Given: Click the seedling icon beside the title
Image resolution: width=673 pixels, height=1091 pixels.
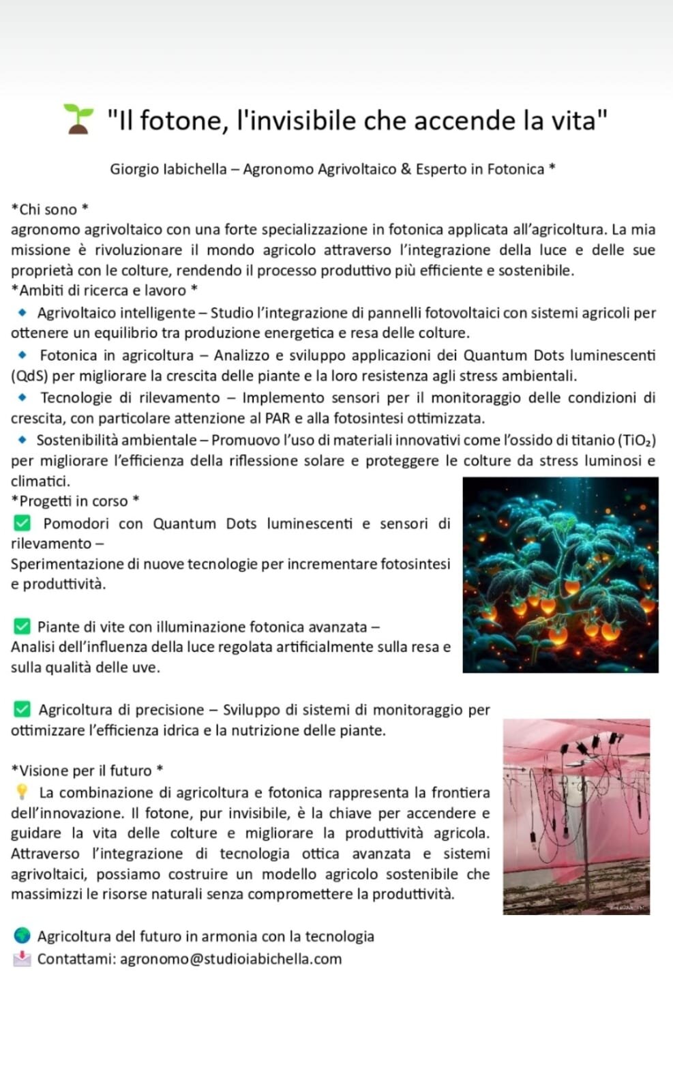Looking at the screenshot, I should point(78,119).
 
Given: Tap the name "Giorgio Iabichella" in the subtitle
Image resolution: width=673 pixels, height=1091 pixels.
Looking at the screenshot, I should point(168,169).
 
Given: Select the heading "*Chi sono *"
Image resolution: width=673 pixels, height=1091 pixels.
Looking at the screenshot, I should point(50,209).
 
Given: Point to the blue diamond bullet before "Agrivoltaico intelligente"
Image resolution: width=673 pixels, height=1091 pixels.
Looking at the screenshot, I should point(23,313).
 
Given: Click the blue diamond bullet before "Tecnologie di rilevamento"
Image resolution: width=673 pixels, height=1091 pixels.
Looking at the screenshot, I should point(23,397).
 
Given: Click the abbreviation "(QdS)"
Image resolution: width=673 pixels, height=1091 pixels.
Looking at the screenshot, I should point(29,376).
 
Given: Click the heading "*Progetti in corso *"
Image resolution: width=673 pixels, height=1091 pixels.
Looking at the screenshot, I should point(75,501).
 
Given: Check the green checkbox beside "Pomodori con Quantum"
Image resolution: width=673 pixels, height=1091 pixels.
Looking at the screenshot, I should point(22,523).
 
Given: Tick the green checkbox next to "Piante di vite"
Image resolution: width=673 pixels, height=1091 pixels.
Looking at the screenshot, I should point(22,626).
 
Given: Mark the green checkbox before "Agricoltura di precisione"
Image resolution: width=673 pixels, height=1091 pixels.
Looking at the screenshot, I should point(22,709).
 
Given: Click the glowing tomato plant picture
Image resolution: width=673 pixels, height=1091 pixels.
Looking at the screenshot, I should point(560,575).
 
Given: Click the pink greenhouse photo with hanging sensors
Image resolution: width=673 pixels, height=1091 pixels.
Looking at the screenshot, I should point(576,816).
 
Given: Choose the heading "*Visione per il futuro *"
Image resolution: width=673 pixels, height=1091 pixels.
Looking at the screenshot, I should point(87,771).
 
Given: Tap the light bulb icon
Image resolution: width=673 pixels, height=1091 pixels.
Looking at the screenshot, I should point(22,792).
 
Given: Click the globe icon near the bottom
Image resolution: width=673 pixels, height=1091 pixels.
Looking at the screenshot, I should point(22,936).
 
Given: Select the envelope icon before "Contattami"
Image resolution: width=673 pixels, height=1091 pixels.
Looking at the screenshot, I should point(22,959).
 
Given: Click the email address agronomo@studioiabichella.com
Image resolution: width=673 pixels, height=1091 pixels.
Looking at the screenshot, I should point(231,959).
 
